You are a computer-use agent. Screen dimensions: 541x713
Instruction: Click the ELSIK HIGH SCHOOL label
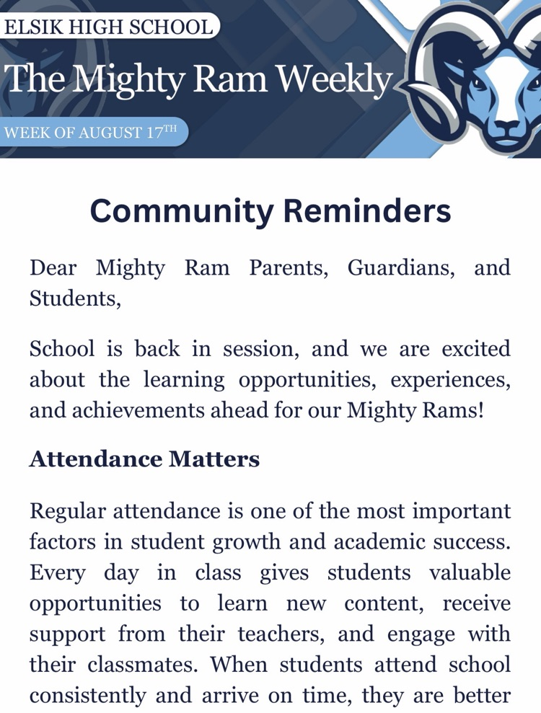pos(108,27)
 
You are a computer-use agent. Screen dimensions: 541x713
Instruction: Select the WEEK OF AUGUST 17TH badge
pos(90,133)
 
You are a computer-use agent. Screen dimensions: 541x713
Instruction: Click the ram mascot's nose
pos(506,126)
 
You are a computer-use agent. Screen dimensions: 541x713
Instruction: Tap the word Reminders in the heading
pos(367,211)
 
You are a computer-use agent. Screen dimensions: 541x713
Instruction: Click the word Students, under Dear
pos(75,298)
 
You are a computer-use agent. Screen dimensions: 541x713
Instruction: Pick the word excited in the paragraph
pos(476,349)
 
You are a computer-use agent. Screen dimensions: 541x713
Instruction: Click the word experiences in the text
pos(450,380)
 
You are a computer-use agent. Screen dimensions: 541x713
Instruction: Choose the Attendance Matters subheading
pos(145,459)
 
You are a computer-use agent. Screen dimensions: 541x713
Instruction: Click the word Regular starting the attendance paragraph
pos(68,511)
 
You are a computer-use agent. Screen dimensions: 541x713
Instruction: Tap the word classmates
pos(143,665)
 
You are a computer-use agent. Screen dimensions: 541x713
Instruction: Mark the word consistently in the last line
pos(88,696)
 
